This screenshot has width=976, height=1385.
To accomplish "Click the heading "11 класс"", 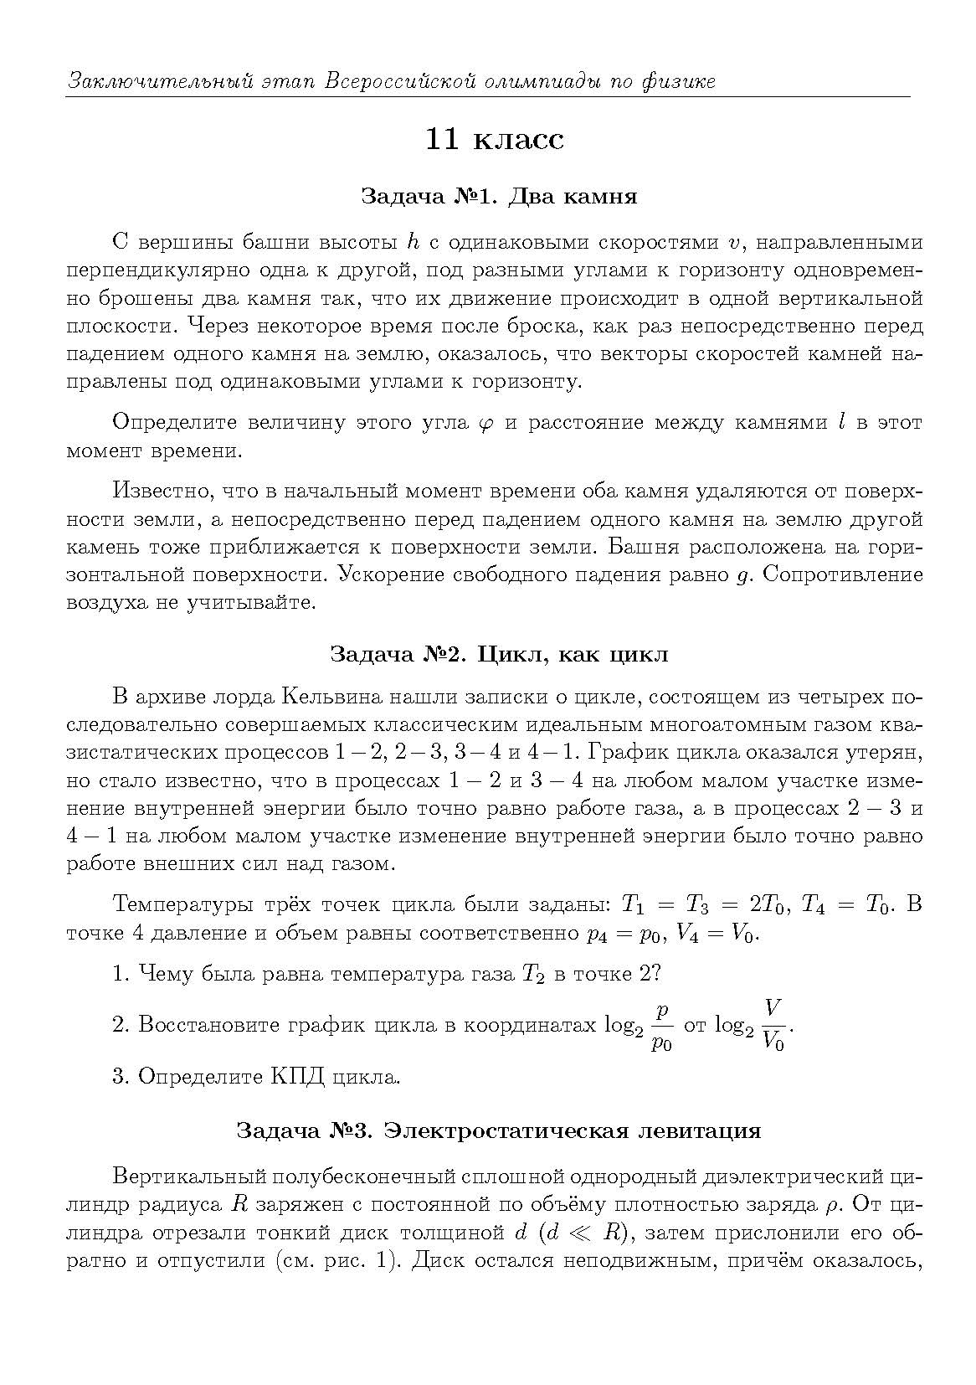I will [x=495, y=139].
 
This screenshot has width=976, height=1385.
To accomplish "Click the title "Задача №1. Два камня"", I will [x=499, y=197].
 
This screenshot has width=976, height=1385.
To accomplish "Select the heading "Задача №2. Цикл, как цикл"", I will [x=499, y=654].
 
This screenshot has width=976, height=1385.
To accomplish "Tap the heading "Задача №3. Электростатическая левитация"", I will [x=499, y=1130].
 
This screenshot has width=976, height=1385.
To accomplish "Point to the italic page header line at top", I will [x=392, y=81].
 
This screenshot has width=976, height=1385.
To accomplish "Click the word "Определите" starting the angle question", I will [x=174, y=422].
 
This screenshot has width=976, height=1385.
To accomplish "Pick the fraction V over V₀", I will [x=773, y=1024].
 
